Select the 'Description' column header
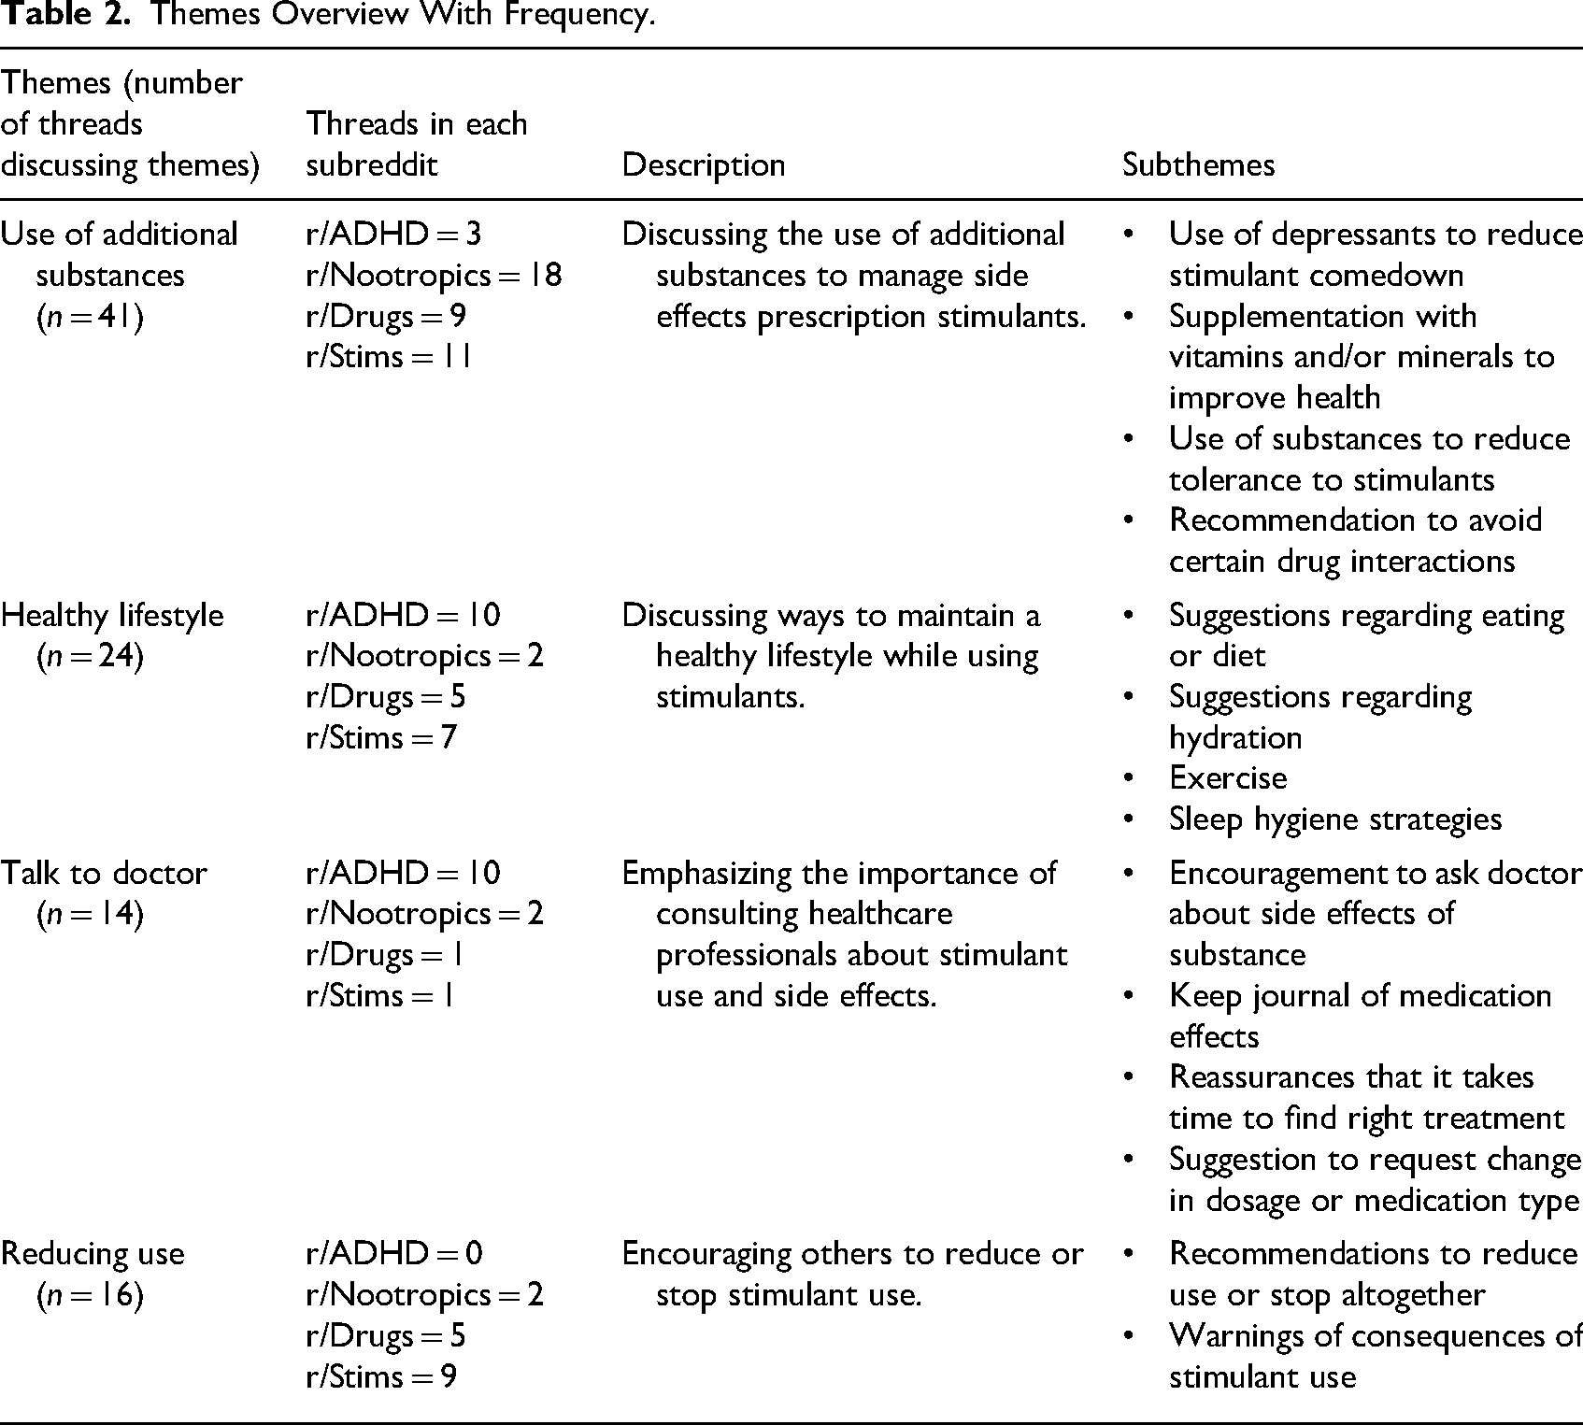[x=703, y=165]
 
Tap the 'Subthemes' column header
[x=1198, y=165]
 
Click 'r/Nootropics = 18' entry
[x=434, y=276]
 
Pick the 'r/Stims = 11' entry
[x=389, y=357]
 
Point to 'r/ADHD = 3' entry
[x=393, y=235]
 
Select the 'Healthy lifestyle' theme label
[x=112, y=616]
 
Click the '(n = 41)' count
[x=90, y=317]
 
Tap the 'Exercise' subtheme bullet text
[x=1227, y=778]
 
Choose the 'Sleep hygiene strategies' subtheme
[x=1334, y=819]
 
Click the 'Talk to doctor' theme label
[x=104, y=874]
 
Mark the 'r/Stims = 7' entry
[x=381, y=738]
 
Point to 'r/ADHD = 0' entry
[x=394, y=1254]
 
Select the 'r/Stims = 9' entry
[x=381, y=1376]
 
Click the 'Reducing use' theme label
[x=93, y=1254]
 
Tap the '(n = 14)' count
[x=90, y=915]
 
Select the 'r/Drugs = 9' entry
[x=386, y=317]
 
